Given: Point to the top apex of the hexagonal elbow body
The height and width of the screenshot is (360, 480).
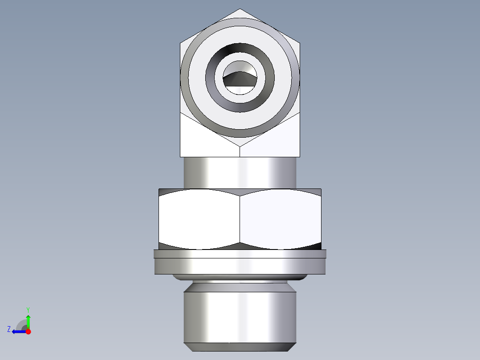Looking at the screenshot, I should (x=240, y=10).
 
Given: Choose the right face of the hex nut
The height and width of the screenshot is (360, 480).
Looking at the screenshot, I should (x=281, y=218).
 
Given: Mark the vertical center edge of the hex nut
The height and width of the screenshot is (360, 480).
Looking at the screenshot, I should (x=240, y=218).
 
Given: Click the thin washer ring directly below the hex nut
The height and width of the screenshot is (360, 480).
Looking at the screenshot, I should (x=240, y=254).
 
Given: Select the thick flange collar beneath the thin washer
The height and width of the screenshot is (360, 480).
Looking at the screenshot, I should (x=240, y=266).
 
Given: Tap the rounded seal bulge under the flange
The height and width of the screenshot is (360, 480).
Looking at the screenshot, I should (x=240, y=278).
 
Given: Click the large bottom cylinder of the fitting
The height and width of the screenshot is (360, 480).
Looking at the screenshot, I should (x=240, y=316).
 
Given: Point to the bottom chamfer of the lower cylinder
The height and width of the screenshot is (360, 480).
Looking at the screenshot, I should (x=240, y=347).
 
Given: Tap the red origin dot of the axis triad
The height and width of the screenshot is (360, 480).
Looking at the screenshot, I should (x=28, y=331).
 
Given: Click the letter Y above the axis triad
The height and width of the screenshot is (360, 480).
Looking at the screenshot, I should (x=28, y=309).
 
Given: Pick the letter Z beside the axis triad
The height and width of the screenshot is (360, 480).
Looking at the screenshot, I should (x=9, y=329).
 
